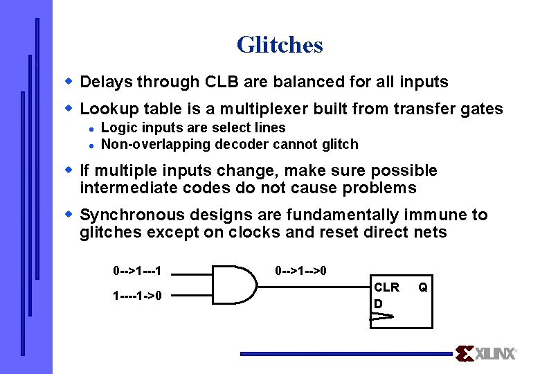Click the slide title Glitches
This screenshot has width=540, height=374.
pos(280,45)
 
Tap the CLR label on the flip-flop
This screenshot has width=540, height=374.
pos(386,287)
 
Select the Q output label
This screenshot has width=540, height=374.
pos(422,287)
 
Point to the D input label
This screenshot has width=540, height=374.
pos(378,303)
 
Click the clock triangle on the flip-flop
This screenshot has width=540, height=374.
pos(381,317)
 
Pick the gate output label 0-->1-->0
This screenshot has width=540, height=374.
pos(300,269)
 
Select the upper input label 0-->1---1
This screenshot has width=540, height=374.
pos(142,269)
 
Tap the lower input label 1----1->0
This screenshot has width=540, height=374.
pos(138,296)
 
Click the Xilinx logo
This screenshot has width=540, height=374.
pos(486,353)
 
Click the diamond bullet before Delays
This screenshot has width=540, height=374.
pos(69,82)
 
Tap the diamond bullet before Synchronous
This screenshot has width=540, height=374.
pos(69,215)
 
